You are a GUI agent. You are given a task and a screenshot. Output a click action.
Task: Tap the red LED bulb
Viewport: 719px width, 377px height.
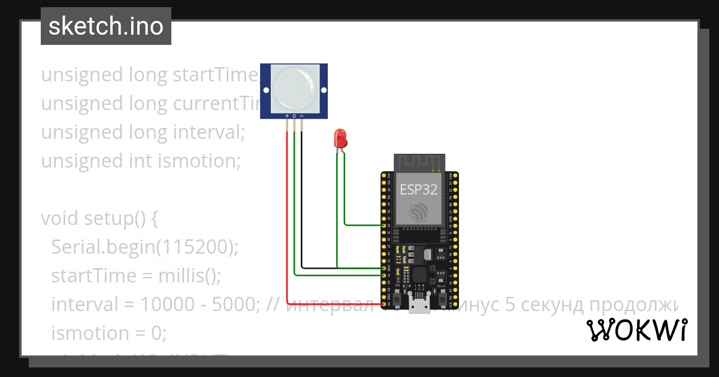340,139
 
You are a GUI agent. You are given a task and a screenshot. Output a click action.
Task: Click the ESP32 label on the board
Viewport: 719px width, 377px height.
418,190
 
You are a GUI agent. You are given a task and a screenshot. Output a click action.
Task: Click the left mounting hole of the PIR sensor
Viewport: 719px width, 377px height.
264,90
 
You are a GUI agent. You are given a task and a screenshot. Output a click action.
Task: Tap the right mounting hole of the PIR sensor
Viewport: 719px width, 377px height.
324,90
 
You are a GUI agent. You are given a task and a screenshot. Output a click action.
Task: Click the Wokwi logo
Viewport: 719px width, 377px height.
636,330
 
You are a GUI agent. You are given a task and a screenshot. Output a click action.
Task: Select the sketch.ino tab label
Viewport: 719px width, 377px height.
106,26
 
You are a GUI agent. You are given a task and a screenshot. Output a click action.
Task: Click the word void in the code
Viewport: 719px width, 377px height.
60,218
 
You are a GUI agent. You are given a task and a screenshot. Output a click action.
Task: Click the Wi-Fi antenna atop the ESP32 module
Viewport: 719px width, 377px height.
418,162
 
